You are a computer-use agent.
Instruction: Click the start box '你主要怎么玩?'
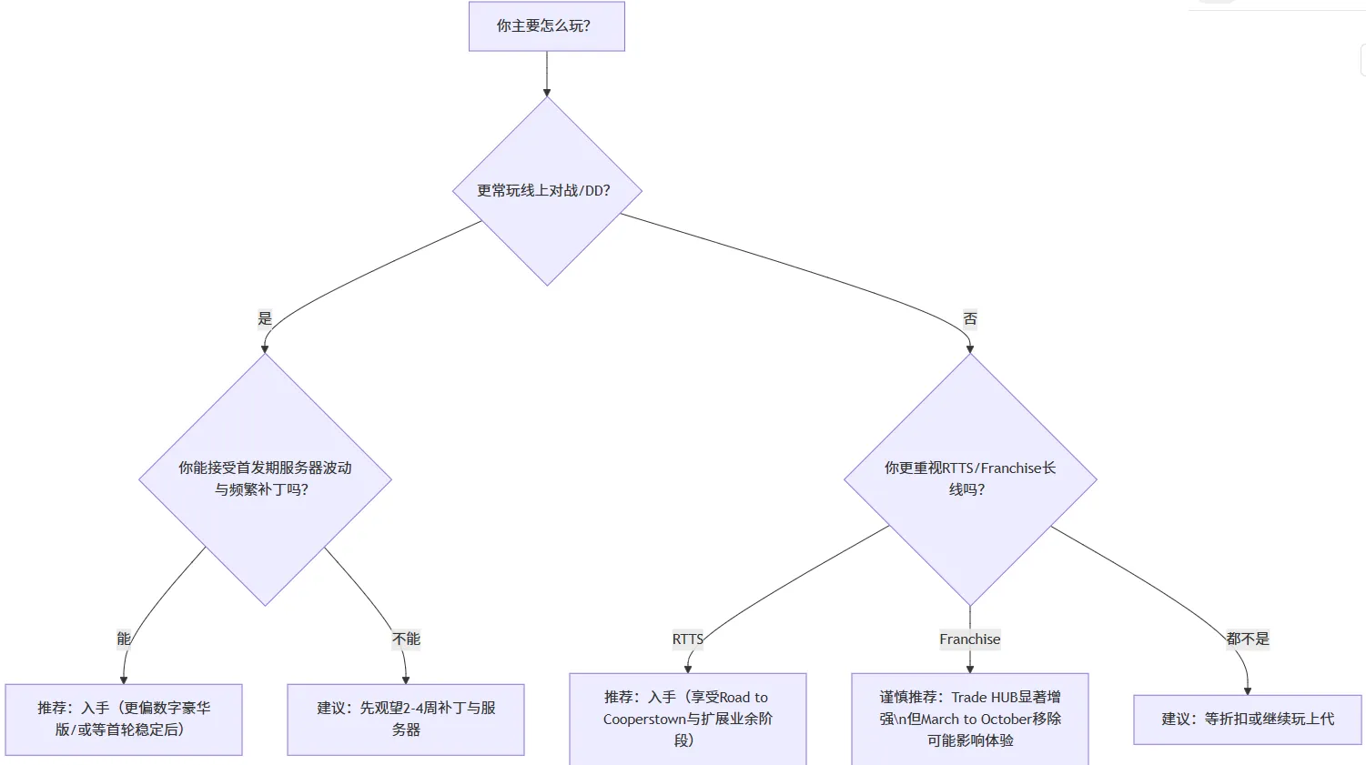[546, 26]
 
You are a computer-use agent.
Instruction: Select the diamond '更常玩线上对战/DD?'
[547, 191]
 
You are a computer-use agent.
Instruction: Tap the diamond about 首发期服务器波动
[265, 479]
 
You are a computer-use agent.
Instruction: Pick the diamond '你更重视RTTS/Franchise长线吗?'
[970, 479]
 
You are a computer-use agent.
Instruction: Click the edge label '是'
[265, 318]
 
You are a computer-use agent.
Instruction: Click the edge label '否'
[970, 318]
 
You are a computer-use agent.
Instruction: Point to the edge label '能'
[124, 639]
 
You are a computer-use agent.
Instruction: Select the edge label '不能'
[406, 639]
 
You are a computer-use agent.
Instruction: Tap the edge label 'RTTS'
[688, 639]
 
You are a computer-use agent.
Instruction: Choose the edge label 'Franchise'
[970, 639]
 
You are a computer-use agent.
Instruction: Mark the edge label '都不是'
[1247, 639]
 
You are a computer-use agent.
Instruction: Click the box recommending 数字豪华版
[124, 719]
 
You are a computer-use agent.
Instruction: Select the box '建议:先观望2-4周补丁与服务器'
[406, 719]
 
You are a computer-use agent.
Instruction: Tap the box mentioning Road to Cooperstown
[688, 719]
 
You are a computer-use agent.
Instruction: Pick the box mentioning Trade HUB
[970, 719]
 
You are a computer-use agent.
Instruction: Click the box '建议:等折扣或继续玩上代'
[1247, 719]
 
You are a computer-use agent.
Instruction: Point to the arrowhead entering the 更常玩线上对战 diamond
[547, 92]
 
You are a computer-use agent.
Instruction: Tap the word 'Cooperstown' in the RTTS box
[643, 720]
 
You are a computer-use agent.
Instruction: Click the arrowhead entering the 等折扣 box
[1248, 690]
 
